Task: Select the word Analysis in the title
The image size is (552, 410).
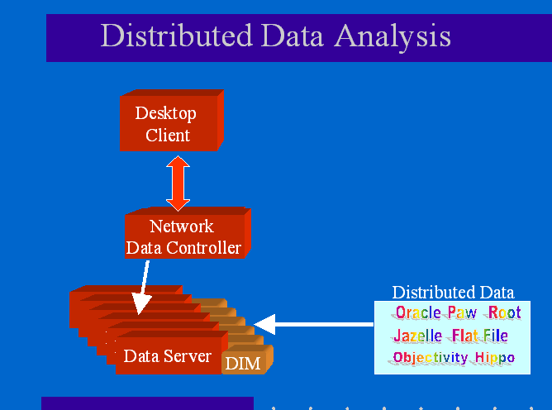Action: point(393,36)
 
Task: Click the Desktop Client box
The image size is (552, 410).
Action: point(168,124)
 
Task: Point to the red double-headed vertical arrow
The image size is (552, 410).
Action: point(178,183)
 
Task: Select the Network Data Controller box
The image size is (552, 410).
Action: point(183,236)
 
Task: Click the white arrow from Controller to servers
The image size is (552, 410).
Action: point(143,288)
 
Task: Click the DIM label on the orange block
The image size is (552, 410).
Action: point(243,363)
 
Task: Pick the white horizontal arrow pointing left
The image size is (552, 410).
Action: point(314,322)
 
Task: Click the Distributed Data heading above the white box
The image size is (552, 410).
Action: point(453,293)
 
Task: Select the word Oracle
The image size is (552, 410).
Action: point(417,313)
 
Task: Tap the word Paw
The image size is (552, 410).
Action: point(463,313)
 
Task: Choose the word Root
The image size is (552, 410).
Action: point(504,313)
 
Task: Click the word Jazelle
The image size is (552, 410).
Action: point(417,336)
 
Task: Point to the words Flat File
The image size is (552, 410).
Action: point(479,336)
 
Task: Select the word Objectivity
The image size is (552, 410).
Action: point(431,359)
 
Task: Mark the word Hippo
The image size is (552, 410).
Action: point(495,359)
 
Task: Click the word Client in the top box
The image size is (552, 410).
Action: point(168,135)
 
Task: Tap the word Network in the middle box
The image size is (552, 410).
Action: point(182,226)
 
